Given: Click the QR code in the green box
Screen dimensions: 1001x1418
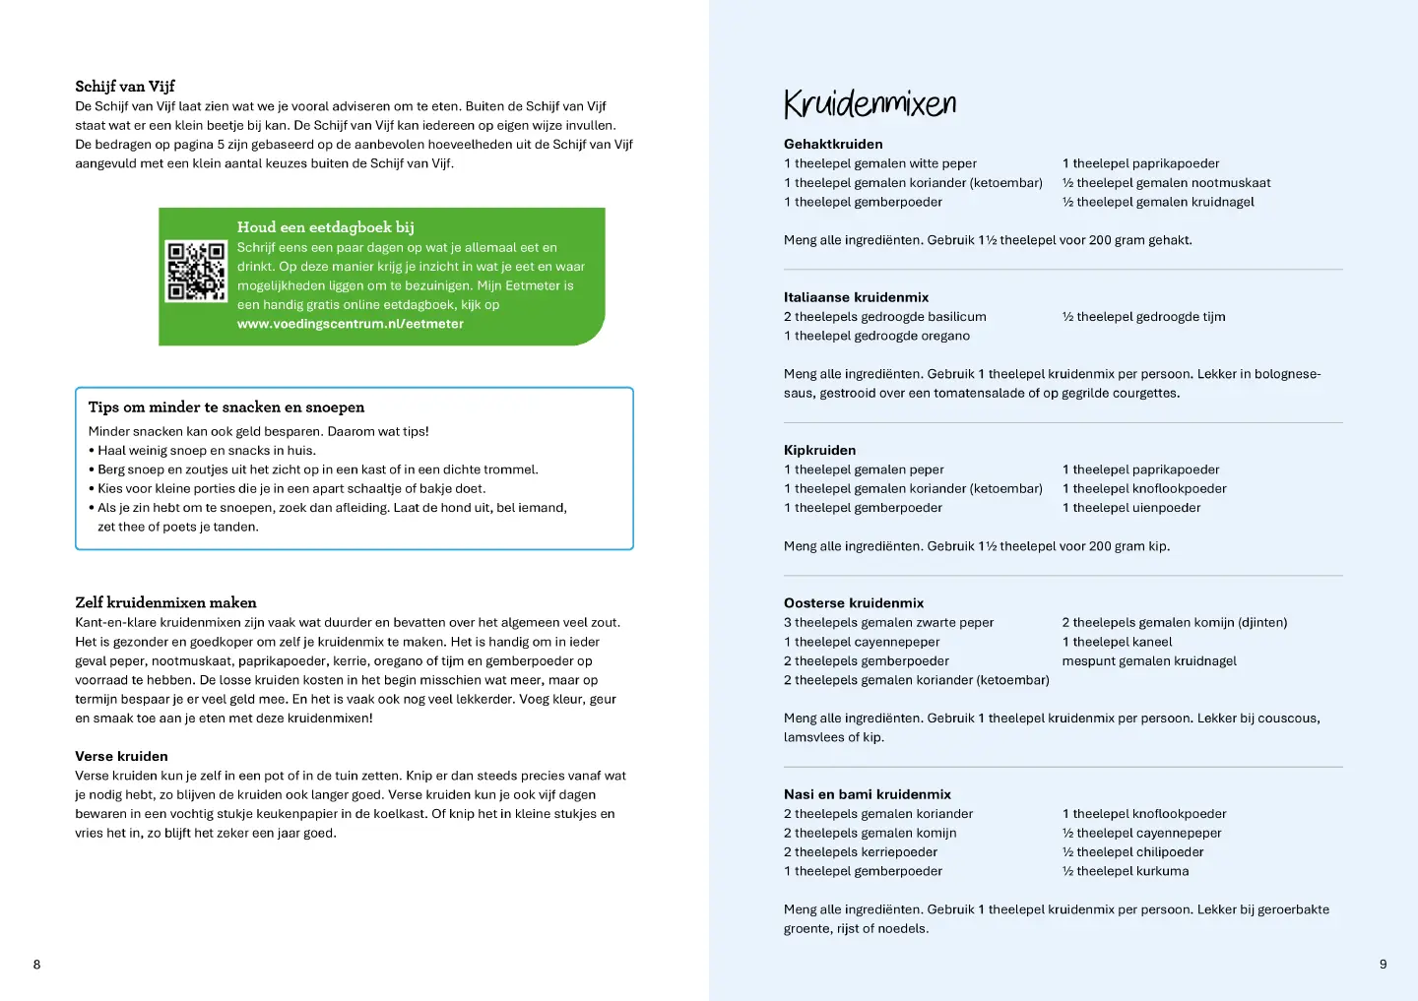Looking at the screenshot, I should [196, 271].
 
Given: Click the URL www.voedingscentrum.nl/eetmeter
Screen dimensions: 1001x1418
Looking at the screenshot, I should [350, 324].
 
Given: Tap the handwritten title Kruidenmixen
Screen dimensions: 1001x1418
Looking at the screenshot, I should [870, 103].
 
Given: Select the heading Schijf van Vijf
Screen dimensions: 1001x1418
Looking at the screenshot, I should [125, 87].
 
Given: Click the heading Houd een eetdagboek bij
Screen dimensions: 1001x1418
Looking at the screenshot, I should [325, 227].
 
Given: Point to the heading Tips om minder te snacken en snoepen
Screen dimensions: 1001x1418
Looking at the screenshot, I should [226, 407].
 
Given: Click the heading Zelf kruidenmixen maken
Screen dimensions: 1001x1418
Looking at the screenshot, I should [165, 602].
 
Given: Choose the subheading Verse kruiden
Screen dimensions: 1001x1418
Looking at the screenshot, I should [121, 756].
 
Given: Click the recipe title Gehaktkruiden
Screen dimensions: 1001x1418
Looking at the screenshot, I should [833, 144].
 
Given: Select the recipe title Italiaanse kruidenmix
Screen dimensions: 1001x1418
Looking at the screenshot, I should [856, 297].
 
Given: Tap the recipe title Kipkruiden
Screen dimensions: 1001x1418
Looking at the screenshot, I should [819, 450].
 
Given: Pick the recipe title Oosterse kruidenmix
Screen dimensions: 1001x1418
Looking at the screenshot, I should [854, 602].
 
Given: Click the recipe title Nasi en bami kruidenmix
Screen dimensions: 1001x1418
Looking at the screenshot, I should [868, 794].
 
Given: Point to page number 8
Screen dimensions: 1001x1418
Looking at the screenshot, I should [37, 965].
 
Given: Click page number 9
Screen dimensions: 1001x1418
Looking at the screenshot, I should [1383, 965].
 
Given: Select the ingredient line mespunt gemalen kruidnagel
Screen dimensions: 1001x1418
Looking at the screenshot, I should [1148, 661].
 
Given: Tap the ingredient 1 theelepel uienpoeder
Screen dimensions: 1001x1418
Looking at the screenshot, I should [1130, 508].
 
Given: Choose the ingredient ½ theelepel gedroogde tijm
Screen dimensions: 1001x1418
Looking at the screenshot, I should [1143, 317].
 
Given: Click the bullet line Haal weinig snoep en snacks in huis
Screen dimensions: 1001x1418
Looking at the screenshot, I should [207, 451].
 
